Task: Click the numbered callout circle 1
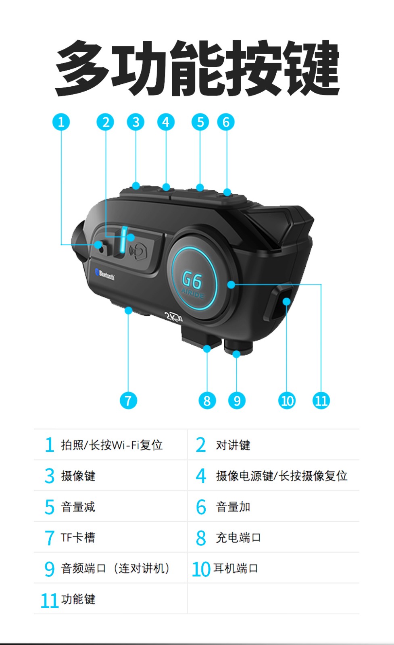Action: (61, 122)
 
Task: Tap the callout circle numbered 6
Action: (226, 122)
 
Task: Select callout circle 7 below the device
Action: (129, 400)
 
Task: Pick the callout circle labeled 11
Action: (321, 400)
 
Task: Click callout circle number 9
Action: (237, 400)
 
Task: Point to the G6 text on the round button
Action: (192, 280)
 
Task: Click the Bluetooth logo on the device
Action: (105, 275)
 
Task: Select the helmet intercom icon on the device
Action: (138, 251)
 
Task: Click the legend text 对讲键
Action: (233, 445)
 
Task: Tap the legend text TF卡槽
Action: (78, 538)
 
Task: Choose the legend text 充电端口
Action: (238, 538)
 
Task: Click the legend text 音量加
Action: (233, 507)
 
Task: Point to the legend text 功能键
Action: (78, 599)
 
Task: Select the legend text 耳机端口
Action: (236, 568)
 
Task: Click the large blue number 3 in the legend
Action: (50, 476)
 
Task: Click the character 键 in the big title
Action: (311, 68)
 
